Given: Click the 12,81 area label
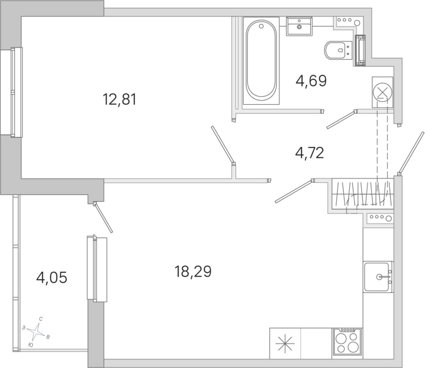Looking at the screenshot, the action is (119, 100).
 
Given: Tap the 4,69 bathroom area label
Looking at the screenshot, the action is (311, 81).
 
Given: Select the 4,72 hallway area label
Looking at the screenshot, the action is (310, 153).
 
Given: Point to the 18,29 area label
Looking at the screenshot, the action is (193, 271).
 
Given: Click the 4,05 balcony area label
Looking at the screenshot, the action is (51, 278).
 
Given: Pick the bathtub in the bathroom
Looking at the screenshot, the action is (261, 61).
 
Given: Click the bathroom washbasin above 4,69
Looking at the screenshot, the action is (299, 26).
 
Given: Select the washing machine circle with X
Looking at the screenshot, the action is (382, 92).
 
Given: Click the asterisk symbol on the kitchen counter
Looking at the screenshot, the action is (285, 343).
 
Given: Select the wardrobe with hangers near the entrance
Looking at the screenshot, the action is (362, 194).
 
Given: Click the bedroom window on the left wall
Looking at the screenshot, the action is (11, 92).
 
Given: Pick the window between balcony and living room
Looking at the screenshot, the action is (97, 268).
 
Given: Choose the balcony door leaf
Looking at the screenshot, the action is (103, 217).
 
